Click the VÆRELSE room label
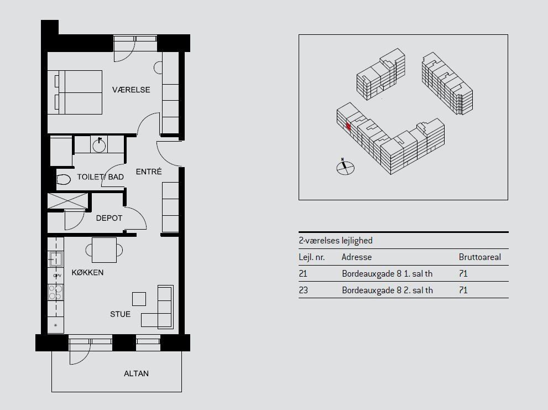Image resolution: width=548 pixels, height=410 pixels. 131,90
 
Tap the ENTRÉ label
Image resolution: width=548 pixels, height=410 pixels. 149,172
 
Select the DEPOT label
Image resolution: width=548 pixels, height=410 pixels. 109,218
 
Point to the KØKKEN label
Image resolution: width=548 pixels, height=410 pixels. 87,273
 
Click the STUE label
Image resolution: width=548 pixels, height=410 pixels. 120,314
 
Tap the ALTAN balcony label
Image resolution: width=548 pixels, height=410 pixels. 136,373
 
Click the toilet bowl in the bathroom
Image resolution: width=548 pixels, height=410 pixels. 63,179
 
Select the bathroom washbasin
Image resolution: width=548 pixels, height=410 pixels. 99,144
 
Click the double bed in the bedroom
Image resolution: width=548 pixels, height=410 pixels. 75,92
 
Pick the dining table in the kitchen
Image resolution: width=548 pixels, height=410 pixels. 104,250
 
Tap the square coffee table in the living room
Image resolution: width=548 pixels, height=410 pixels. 139,299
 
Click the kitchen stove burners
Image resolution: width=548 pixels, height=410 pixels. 55,293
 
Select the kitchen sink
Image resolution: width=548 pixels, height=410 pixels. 55,259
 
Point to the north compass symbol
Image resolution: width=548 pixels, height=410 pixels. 345,167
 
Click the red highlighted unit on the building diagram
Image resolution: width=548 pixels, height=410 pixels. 348,126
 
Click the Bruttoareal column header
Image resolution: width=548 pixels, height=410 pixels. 479,257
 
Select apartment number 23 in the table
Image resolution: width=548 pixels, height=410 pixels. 304,290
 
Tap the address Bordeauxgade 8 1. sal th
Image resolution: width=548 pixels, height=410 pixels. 387,273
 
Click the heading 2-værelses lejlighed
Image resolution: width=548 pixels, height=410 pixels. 336,241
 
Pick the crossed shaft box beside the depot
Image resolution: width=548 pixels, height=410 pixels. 67,201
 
